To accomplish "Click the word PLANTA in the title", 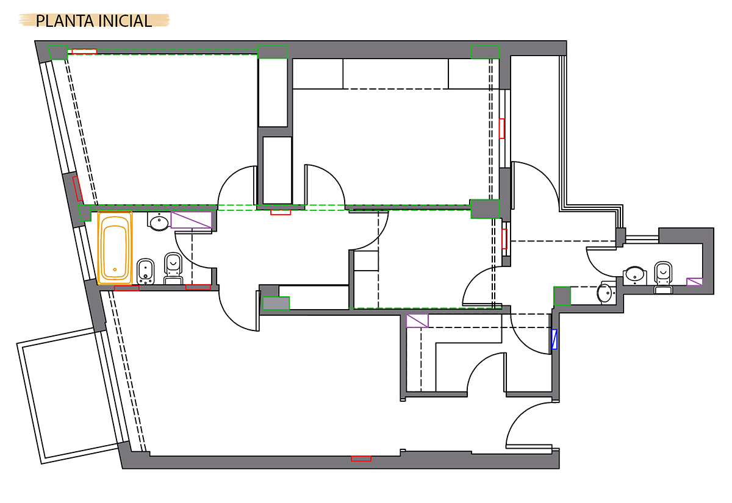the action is tap(65, 21).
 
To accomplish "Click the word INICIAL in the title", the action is tap(125, 21).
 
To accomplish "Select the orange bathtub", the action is tap(115, 248).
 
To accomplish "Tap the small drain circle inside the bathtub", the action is tap(115, 269).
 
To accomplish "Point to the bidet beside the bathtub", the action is tap(145, 271).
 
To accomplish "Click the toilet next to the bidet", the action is tap(173, 268).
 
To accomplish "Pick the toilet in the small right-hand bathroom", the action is tap(663, 277).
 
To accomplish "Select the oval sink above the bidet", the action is tap(159, 222).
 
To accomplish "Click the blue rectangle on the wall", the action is tap(554, 339).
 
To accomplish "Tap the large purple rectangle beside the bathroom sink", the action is tap(191, 220).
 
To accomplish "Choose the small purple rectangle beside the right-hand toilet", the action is tap(694, 282).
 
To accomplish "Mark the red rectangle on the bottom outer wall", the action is tap(361, 458).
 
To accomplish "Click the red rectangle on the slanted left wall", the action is tap(77, 189).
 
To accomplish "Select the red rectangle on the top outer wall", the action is tap(84, 51).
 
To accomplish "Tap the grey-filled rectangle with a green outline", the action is tap(276, 303).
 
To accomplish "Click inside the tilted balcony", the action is tap(70, 395).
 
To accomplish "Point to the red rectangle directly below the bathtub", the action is tap(126, 288).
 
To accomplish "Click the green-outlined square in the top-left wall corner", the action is tap(58, 52).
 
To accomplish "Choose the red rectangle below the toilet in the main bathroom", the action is tap(198, 287).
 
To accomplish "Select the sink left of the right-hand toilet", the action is tap(634, 275).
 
